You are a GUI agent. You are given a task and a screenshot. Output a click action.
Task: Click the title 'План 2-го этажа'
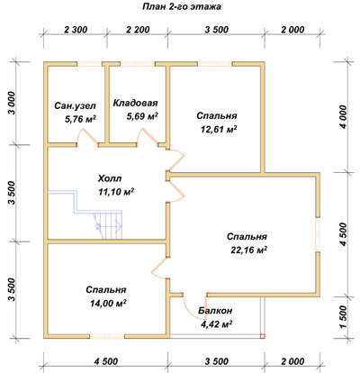point(182,6)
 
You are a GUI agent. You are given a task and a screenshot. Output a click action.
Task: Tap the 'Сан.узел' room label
point(76,105)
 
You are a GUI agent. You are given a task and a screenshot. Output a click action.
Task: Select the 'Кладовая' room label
point(135,103)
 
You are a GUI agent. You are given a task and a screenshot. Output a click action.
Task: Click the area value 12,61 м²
point(219,129)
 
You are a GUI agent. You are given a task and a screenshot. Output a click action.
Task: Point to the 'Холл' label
point(110,178)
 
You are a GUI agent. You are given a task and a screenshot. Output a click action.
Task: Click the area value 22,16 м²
point(249,250)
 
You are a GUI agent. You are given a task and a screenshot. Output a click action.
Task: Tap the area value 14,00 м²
point(108,304)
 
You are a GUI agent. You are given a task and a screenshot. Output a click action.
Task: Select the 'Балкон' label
point(215,311)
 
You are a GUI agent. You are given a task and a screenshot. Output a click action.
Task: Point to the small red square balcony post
point(262,336)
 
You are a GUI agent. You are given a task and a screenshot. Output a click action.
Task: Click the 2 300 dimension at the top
point(76,30)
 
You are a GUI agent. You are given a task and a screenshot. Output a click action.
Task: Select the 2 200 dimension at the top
point(138,30)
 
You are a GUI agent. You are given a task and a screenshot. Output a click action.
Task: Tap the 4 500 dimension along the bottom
point(106,361)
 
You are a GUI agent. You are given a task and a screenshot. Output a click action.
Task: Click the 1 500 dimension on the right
point(344,317)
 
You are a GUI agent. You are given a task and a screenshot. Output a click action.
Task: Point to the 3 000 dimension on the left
point(11,103)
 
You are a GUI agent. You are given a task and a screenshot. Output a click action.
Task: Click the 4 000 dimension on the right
point(344,116)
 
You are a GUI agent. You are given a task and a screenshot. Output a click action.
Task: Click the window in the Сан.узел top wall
point(89,64)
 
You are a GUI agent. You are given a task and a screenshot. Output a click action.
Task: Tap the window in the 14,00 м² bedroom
point(107,336)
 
